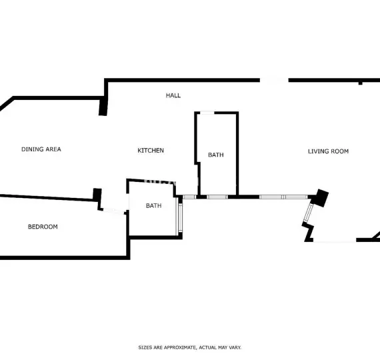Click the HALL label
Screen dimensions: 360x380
(173, 95)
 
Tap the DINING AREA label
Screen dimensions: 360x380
(41, 149)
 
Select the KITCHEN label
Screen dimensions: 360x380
(151, 151)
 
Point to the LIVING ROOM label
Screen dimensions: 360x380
(328, 151)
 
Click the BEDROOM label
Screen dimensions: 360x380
(43, 227)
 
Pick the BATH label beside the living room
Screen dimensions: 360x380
(216, 155)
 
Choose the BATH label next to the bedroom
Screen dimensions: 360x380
(154, 205)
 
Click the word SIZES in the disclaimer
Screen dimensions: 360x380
(145, 347)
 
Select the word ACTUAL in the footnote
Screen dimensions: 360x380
(208, 347)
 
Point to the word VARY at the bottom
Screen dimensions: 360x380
(235, 347)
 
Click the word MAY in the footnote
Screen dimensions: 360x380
(223, 347)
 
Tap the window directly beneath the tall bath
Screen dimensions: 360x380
(217, 197)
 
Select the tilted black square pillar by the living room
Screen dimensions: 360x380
(321, 197)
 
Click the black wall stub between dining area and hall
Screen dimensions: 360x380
(103, 106)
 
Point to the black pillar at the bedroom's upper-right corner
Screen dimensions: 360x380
(97, 195)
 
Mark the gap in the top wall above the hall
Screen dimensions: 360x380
(273, 81)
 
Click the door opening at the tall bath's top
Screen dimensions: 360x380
(207, 113)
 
